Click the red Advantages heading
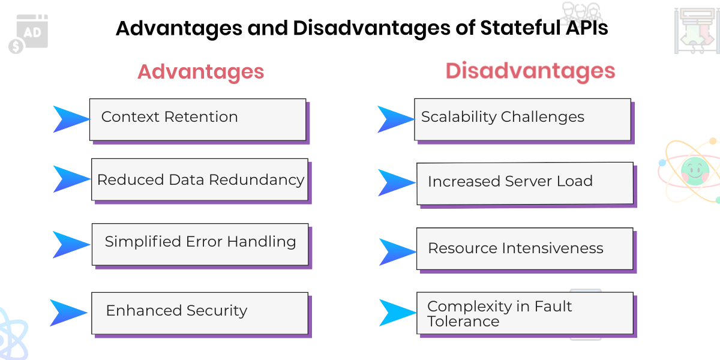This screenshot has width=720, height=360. coord(200,72)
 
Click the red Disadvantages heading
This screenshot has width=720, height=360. coord(530,71)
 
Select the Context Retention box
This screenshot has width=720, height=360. coord(198,119)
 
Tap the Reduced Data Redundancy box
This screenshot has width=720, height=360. coord(200,179)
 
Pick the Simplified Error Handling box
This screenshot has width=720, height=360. coord(200,244)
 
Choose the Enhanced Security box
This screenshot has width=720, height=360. coord(200,313)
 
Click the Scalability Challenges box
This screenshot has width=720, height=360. coord(523,119)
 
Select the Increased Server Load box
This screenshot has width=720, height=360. coord(525,183)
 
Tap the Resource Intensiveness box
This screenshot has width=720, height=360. coord(525,248)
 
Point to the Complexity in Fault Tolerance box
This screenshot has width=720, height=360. coord(525,313)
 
